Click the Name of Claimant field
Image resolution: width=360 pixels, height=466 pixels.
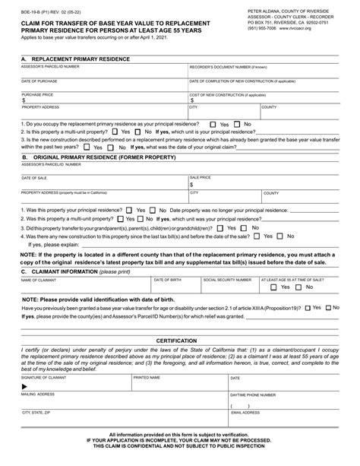[84, 287]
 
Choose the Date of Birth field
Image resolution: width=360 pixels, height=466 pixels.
[175, 287]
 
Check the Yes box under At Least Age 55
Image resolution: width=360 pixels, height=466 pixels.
[277, 287]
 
